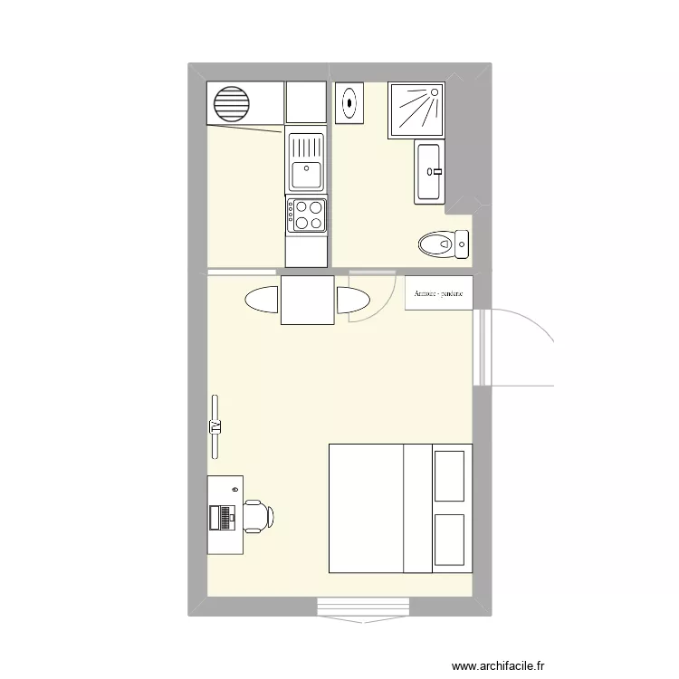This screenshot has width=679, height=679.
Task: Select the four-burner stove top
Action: [x=306, y=215]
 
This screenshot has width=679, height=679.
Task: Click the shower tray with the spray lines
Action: [x=416, y=110]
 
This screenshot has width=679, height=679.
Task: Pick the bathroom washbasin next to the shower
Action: [x=429, y=170]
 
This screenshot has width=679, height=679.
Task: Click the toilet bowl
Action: [x=435, y=243]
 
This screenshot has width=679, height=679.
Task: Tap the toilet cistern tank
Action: [x=461, y=242]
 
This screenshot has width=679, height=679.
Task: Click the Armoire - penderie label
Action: [x=438, y=293]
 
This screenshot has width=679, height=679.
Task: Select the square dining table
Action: [x=308, y=300]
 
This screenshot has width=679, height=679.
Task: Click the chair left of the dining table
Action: [x=261, y=300]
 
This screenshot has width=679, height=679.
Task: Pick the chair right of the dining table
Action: [x=354, y=301]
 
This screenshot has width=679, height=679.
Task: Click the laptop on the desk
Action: [x=220, y=517]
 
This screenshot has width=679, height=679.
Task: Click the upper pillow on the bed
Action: [x=449, y=475]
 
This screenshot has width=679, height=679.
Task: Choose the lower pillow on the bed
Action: [x=449, y=541]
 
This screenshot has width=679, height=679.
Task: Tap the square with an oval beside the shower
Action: [x=349, y=103]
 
